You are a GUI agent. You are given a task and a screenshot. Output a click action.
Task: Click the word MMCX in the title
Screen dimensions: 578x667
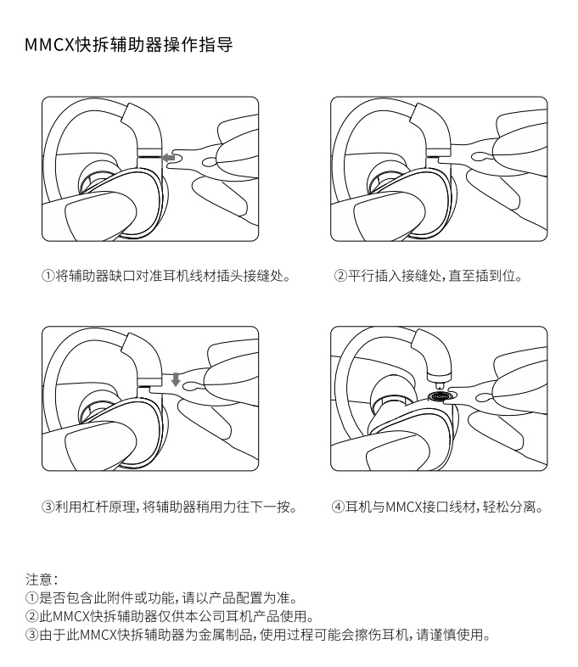click(x=50, y=45)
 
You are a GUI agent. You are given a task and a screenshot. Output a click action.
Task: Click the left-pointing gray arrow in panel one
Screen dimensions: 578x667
click(x=168, y=157)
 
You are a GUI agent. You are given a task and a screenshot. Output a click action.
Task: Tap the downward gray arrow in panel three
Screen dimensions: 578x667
click(x=176, y=379)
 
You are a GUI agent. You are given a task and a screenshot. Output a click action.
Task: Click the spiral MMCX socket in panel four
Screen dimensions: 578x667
click(x=440, y=396)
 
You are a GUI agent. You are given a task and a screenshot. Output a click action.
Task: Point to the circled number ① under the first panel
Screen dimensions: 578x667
click(x=48, y=276)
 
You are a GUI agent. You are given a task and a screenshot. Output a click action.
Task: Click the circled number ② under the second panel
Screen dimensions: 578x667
click(x=340, y=276)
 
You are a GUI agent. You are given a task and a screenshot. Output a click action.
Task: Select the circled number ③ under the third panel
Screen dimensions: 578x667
click(x=48, y=507)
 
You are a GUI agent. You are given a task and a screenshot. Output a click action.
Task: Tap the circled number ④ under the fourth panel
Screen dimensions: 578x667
click(x=338, y=507)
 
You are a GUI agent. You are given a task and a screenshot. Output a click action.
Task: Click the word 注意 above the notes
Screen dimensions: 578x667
click(x=39, y=579)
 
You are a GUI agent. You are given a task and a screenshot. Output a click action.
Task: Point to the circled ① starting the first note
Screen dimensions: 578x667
click(x=32, y=597)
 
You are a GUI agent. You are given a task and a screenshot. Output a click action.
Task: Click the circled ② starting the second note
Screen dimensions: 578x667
click(x=32, y=616)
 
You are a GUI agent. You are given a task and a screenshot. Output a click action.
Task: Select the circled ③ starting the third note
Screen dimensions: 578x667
click(x=32, y=635)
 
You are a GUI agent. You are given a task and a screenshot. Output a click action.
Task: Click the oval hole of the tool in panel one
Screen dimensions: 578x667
click(x=210, y=162)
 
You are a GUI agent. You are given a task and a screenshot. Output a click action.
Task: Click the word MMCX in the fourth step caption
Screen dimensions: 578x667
click(x=403, y=507)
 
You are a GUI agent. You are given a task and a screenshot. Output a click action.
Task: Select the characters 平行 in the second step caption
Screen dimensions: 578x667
click(x=361, y=276)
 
